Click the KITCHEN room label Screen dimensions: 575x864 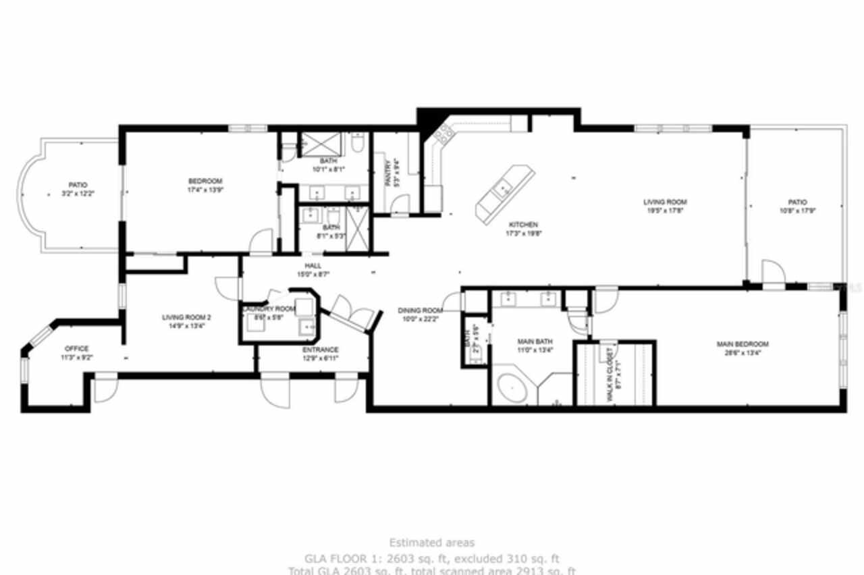523,224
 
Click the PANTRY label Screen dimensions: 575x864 387,172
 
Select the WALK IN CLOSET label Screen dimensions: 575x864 610,375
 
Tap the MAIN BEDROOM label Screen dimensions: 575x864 742,344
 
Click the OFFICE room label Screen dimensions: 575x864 76,349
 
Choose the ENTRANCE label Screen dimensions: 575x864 321,350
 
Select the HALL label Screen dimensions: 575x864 313,266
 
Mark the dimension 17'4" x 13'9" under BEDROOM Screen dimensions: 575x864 205,190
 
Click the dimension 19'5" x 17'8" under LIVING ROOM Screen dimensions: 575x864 664,211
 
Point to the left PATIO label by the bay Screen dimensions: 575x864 78,185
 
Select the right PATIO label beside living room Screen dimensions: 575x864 797,202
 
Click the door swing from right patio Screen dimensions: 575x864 774,272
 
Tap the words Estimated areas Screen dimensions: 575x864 431,543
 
